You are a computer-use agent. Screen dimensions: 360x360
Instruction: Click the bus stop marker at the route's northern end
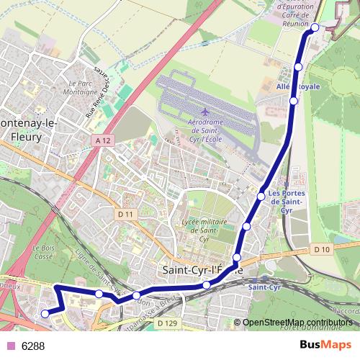pos(315,27)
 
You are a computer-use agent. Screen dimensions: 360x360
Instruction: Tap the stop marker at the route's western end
pos(45,313)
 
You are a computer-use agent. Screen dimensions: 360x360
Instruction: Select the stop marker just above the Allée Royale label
pos(299,68)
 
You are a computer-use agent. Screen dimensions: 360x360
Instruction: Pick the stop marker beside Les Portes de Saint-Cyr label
pos(261,196)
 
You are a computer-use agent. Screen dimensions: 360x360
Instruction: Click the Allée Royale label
pos(298,86)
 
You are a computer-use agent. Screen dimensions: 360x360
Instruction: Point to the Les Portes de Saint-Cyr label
pos(285,202)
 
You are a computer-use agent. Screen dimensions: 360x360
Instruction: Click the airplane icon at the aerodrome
pos(205,112)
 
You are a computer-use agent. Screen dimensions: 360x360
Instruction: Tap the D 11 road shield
pos(125,214)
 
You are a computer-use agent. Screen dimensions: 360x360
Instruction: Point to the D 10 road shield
pos(321,249)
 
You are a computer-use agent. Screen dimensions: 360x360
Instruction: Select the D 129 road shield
pos(166,325)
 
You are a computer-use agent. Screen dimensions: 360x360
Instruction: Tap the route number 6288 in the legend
pos(33,346)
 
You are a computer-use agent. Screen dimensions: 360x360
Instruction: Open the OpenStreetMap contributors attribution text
pos(298,323)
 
